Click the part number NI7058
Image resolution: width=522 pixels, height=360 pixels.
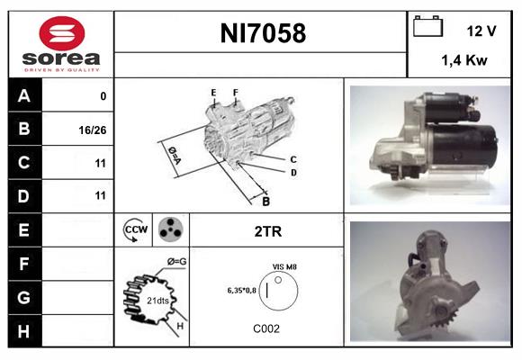click(x=262, y=34)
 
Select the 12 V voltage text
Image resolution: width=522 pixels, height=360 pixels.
click(x=481, y=31)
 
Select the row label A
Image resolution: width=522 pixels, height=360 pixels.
click(x=24, y=95)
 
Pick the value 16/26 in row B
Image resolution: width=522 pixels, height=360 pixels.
click(x=94, y=130)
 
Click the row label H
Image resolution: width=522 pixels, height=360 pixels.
click(x=24, y=330)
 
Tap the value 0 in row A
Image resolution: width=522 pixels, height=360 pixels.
click(x=103, y=95)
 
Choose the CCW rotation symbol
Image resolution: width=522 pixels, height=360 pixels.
click(x=135, y=229)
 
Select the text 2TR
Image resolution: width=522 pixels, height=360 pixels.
click(x=268, y=230)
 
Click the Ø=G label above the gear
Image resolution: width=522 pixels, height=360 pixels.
click(x=176, y=262)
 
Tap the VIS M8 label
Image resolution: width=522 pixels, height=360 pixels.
click(x=284, y=266)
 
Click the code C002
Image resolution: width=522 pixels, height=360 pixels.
click(x=265, y=329)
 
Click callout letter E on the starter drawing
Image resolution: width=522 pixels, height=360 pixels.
click(x=213, y=93)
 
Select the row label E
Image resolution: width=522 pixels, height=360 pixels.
click(x=24, y=229)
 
